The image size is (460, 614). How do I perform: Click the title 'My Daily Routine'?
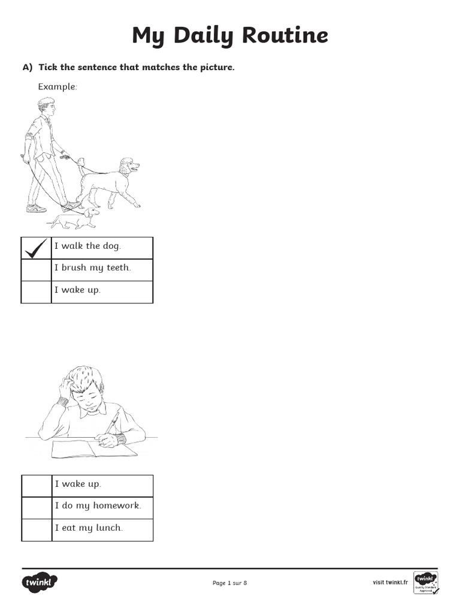(230, 35)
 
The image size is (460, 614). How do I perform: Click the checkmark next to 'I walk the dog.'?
(36, 248)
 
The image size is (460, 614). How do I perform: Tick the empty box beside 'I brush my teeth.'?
(36, 270)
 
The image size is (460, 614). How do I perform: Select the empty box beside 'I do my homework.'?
(37, 508)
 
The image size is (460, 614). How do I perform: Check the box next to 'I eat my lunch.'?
(37, 530)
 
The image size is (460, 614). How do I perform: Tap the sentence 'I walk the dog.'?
(87, 246)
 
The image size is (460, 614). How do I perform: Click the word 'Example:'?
(57, 87)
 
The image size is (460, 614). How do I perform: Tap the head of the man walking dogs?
(47, 109)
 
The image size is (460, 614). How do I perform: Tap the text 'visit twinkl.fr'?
(390, 582)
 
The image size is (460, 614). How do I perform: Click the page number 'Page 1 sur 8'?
(229, 583)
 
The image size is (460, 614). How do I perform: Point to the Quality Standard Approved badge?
(426, 582)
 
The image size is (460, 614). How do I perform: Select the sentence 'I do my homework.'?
(98, 506)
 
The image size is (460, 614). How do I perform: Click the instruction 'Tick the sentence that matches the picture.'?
(137, 67)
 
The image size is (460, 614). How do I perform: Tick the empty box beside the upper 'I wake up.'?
(36, 292)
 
